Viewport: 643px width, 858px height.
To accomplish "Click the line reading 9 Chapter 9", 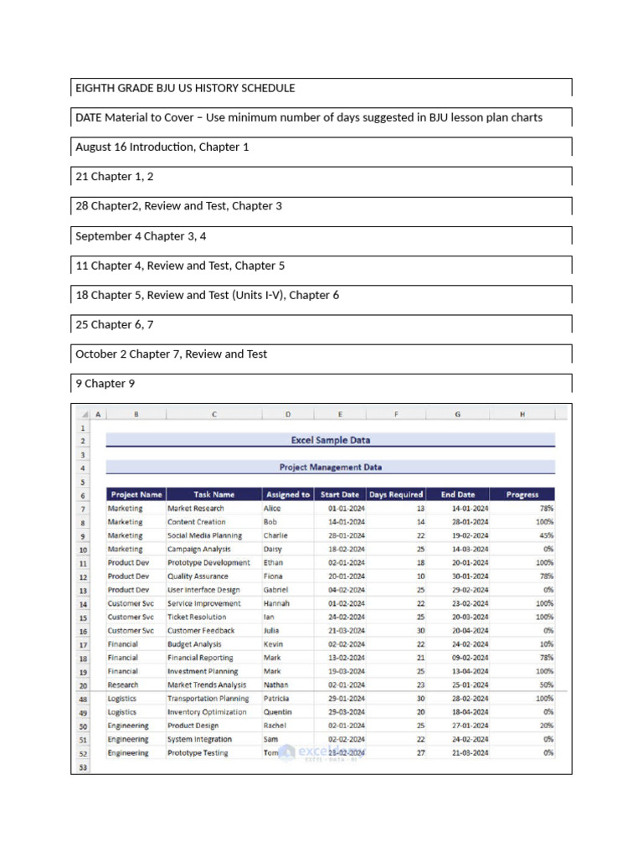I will (105, 384).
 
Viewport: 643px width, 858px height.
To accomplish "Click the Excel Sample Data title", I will (330, 440).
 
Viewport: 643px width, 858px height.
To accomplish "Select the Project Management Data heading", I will (330, 468).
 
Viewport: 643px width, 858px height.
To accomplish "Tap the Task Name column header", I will (213, 494).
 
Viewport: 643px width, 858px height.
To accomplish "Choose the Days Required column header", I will (396, 494).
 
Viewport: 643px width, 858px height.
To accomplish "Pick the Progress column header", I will (522, 494).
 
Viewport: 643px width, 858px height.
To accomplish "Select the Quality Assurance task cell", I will (197, 576).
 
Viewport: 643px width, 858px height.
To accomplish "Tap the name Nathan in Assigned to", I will (275, 685).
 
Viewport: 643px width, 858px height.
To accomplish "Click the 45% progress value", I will (545, 535).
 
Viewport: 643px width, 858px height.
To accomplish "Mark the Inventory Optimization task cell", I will (207, 712).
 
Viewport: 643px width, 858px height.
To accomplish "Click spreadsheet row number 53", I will (83, 767).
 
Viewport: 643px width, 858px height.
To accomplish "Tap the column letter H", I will (522, 414).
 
